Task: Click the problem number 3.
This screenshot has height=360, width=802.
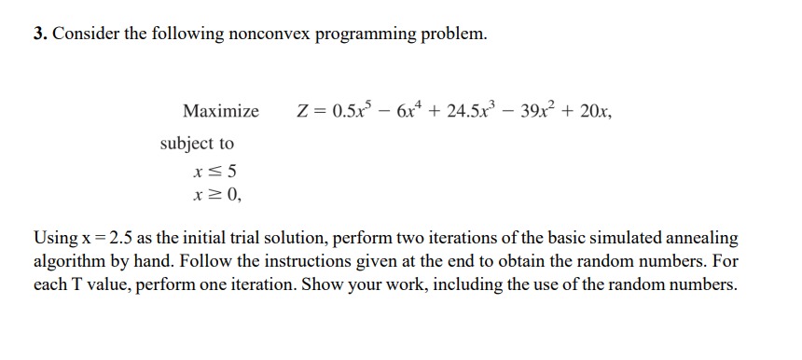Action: pyautogui.click(x=40, y=35)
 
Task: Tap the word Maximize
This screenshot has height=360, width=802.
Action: pyautogui.click(x=221, y=112)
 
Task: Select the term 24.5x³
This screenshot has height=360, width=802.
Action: pyautogui.click(x=470, y=111)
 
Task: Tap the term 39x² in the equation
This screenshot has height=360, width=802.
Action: pyautogui.click(x=540, y=111)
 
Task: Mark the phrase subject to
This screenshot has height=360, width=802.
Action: pyautogui.click(x=197, y=144)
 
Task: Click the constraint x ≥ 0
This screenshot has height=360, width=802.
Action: pyautogui.click(x=215, y=196)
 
